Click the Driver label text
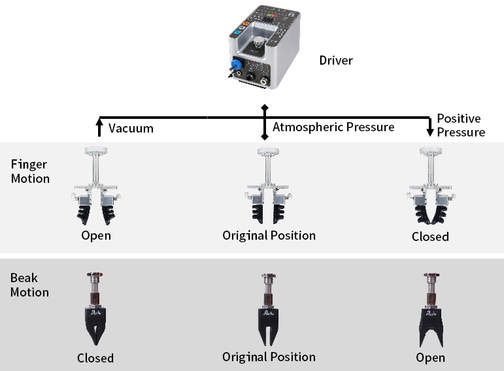(x=336, y=60)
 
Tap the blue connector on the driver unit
(x=236, y=64)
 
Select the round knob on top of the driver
(x=258, y=42)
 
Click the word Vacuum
(x=131, y=128)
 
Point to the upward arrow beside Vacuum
(x=99, y=127)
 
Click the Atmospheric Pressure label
(x=333, y=127)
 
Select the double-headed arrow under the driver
(x=265, y=122)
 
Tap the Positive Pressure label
(x=461, y=125)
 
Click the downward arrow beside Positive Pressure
(x=429, y=127)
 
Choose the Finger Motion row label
(x=30, y=171)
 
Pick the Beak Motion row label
(x=29, y=285)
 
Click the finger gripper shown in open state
(x=96, y=185)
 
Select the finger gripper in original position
(x=268, y=185)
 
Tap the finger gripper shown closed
(x=431, y=185)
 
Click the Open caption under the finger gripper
(x=96, y=236)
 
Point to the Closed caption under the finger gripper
(x=430, y=236)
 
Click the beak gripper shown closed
(x=95, y=309)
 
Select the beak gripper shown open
(x=431, y=310)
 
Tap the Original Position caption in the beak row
(x=269, y=357)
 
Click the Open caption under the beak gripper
(x=430, y=358)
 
